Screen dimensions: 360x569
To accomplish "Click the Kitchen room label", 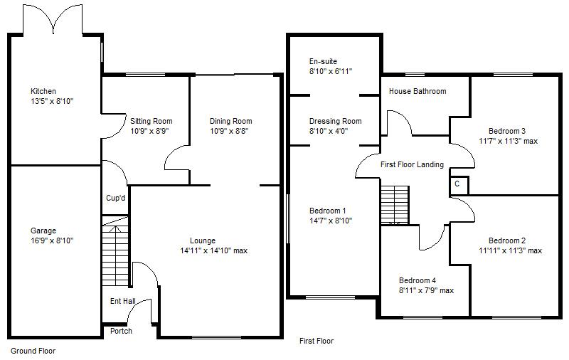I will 43,91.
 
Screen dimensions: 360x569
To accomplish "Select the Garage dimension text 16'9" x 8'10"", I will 51,240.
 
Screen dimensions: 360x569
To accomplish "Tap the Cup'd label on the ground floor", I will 115,198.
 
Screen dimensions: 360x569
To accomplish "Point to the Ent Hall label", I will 122,301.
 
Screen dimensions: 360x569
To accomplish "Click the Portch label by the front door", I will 121,331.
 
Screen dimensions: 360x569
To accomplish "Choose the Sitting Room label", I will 151,121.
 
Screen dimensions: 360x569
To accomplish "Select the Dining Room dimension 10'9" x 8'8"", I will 230,131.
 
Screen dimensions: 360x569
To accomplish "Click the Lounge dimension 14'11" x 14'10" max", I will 214,250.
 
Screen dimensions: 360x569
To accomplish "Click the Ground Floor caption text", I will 33,351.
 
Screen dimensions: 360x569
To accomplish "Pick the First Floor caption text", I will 316,341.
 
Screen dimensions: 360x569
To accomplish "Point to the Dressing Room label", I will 335,121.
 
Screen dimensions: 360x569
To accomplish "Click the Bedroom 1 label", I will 327,211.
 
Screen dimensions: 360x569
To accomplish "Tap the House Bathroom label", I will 418,91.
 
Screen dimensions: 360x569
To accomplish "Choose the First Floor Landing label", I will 412,164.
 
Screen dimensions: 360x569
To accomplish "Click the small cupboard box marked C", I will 457,184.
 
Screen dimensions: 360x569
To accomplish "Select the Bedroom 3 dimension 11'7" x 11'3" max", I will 508,141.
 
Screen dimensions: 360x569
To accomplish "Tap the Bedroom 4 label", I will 418,280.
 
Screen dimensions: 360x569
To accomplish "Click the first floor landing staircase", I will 395,205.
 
